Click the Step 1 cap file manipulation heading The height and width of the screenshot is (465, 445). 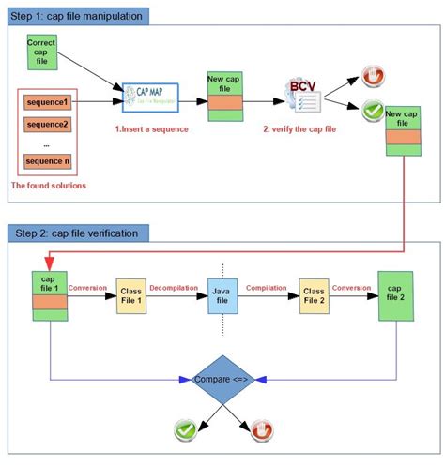pyautogui.click(x=76, y=17)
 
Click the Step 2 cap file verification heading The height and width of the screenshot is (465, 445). pyautogui.click(x=73, y=232)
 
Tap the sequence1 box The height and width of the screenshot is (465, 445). pyautogui.click(x=47, y=101)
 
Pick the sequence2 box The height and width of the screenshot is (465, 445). pyautogui.click(x=47, y=124)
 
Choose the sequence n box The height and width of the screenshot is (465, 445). pyautogui.click(x=47, y=161)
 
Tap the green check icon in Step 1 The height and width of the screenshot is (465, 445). pyautogui.click(x=372, y=112)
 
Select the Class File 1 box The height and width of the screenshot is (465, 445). pyautogui.click(x=130, y=297)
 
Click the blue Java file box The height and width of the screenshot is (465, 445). pyautogui.click(x=222, y=297)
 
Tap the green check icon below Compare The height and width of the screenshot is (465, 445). pyautogui.click(x=184, y=430)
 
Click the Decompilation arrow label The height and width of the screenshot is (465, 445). pyautogui.click(x=176, y=288)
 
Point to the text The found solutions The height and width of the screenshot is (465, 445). pyautogui.click(x=48, y=186)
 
